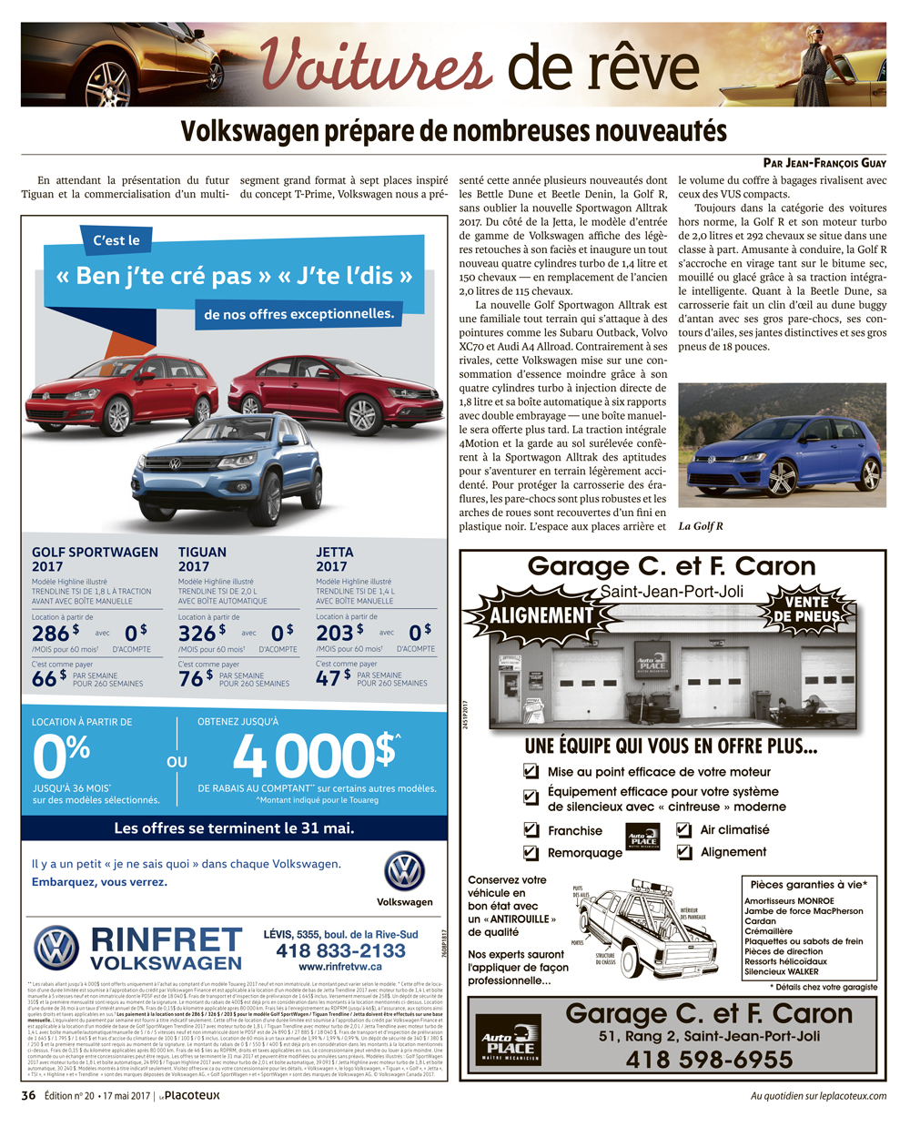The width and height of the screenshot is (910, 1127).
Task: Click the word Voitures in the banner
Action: click(376, 65)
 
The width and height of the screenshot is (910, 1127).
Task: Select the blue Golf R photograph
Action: click(782, 445)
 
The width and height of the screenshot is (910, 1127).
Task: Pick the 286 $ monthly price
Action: click(55, 632)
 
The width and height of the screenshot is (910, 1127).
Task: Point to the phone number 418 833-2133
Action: click(340, 950)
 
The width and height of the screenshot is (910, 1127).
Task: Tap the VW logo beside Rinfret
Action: click(56, 948)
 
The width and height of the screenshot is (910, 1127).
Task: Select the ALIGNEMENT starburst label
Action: click(541, 615)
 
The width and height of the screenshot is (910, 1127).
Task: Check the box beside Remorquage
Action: click(531, 853)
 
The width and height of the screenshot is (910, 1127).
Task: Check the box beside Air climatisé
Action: click(683, 829)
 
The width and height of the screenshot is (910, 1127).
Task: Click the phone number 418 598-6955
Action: click(709, 1060)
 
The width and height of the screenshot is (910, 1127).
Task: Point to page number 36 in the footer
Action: click(28, 1096)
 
